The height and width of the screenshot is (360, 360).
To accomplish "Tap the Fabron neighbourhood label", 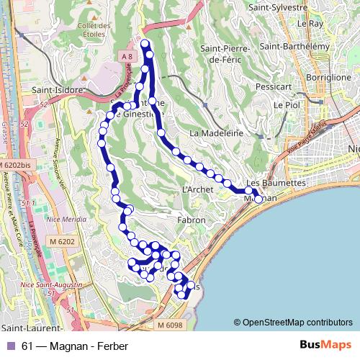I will pyautogui.click(x=191, y=220).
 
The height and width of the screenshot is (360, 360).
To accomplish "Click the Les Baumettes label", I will pyautogui.click(x=276, y=183).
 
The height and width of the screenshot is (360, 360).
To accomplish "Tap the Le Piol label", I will pyautogui.click(x=286, y=104).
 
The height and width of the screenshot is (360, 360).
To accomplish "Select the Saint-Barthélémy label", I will pyautogui.click(x=294, y=46).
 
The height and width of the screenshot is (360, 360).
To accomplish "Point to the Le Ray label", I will pyautogui.click(x=311, y=23).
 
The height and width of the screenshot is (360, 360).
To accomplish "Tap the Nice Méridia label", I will pyautogui.click(x=64, y=220).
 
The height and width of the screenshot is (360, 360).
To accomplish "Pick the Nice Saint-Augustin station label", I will pyautogui.click(x=50, y=285).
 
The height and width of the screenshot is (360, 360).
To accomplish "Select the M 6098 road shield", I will pyautogui.click(x=171, y=326).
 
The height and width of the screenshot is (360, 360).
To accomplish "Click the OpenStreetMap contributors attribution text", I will pyautogui.click(x=297, y=323).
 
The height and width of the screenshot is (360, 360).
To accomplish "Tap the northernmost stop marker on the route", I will pyautogui.click(x=145, y=45).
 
